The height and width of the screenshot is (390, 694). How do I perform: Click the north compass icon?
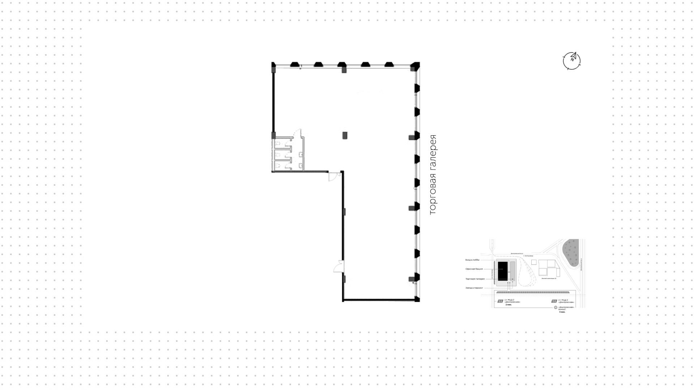572,60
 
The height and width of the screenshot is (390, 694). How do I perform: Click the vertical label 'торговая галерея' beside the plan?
432,175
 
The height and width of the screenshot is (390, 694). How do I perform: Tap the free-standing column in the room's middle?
345,135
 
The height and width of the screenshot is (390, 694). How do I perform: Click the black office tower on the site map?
502,271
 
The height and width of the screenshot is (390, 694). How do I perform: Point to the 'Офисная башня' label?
474,269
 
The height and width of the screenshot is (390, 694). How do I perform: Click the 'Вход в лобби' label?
472,260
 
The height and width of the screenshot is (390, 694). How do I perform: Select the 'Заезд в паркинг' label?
474,288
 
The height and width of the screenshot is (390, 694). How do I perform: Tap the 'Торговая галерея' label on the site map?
475,279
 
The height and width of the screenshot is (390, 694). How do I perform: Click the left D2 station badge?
500,301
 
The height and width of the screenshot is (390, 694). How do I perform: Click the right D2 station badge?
554,301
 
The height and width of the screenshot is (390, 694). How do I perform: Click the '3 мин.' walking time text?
562,312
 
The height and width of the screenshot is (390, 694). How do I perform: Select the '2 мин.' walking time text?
509,305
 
